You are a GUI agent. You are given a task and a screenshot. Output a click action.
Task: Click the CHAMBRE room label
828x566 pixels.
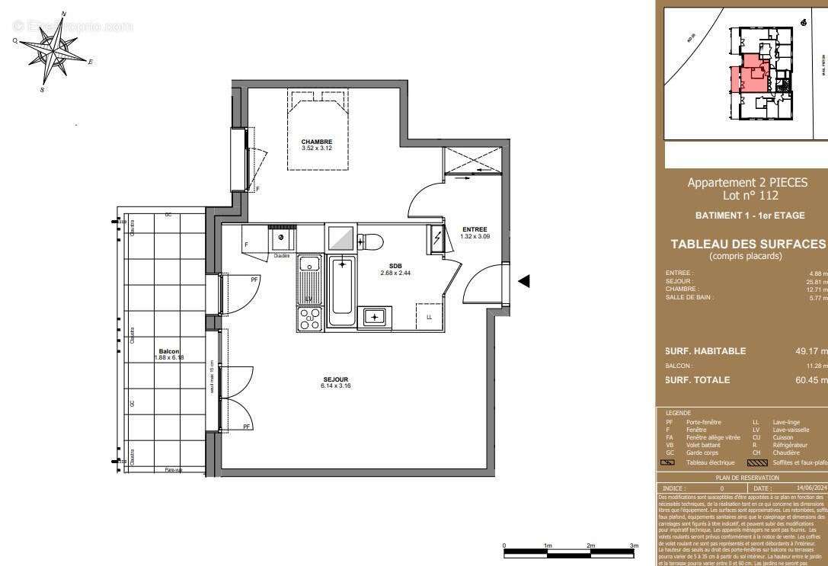click(316, 142)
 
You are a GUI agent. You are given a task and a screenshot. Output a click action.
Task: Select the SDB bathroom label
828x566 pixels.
click(395, 267)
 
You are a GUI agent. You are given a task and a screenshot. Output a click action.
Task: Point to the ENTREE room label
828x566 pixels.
click(474, 230)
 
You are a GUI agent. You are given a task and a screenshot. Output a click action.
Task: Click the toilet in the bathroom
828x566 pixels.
click(370, 240)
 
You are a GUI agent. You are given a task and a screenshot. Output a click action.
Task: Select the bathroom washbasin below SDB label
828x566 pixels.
click(374, 317)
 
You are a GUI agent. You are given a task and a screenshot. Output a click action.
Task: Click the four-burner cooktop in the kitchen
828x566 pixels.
click(310, 319)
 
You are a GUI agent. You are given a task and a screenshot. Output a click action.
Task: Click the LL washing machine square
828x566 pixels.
click(430, 316)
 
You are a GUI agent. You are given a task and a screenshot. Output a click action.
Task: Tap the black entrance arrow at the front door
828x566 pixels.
click(524, 281)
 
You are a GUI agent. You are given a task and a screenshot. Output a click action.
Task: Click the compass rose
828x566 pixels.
click(52, 52)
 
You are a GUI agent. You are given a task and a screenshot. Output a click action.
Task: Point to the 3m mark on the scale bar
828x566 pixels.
click(634, 546)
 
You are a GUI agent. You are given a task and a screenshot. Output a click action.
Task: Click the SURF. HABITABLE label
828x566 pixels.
click(706, 351)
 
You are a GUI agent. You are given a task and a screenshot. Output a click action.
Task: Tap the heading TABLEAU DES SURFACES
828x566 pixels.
click(747, 244)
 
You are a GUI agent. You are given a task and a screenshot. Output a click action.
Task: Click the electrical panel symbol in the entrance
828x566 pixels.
click(437, 238)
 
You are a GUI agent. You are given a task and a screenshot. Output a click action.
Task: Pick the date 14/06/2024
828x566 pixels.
click(810, 488)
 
